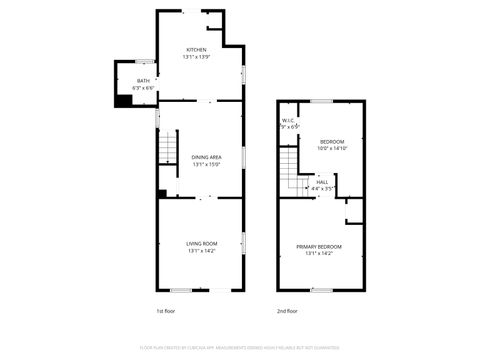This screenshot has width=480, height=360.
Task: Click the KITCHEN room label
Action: tap(196, 50)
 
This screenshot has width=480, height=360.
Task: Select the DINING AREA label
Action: tap(207, 158)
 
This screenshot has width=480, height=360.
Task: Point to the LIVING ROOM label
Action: tap(201, 243)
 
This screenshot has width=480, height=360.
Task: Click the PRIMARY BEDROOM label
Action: tap(318, 246)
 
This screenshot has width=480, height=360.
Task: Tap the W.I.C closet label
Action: tap(288, 122)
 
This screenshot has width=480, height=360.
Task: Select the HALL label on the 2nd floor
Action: tap(322, 182)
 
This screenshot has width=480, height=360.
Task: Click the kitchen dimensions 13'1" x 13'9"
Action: tap(196, 57)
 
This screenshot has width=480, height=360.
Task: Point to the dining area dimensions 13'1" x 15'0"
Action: tap(207, 165)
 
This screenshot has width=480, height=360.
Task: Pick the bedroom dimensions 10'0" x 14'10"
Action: tap(332, 149)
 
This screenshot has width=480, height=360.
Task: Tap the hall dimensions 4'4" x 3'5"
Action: tap(322, 188)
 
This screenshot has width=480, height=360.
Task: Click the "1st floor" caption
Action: tap(166, 311)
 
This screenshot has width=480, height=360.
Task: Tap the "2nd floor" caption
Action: tap(287, 311)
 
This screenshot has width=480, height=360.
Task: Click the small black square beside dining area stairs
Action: tap(162, 194)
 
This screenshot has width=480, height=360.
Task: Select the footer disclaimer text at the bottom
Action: tap(240, 348)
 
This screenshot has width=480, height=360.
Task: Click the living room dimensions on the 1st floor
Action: tap(201, 251)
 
